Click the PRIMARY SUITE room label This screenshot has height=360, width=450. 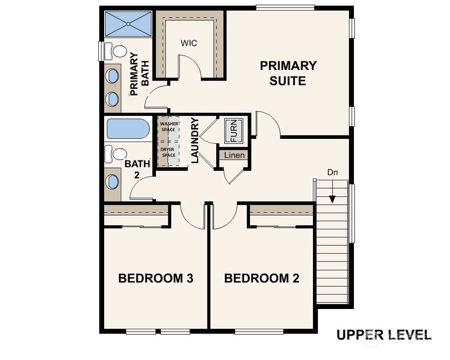288,73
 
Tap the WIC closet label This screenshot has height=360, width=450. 189,43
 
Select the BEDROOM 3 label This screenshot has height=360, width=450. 156,278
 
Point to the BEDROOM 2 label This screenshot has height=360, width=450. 261,278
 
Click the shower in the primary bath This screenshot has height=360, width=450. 128,24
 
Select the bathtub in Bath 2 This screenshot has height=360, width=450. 127,130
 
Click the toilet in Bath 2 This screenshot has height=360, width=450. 117,154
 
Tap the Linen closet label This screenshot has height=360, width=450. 234,156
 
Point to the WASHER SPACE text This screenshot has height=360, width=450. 169,127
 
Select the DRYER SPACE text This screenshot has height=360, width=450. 168,152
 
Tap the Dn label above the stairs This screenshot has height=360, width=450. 332,173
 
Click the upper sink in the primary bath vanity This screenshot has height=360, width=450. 113,76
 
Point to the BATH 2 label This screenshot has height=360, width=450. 137,169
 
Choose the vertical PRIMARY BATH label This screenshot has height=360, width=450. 140,74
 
